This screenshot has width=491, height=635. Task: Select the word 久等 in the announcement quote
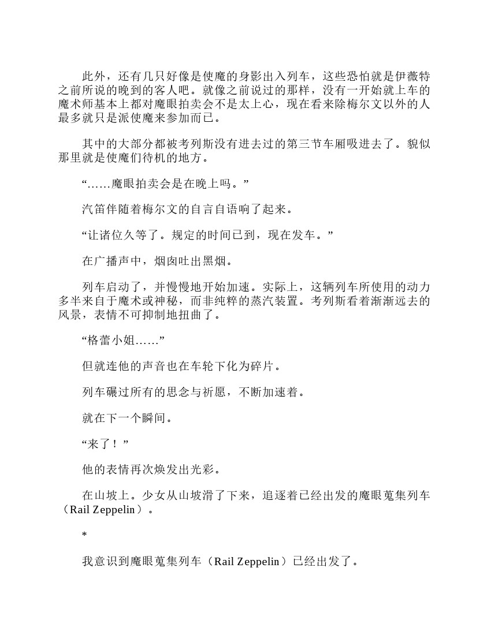coord(142,236)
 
